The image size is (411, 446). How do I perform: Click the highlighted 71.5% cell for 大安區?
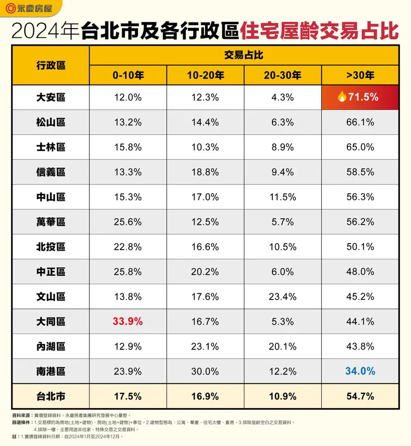359,97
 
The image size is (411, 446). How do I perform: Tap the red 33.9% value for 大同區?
127,321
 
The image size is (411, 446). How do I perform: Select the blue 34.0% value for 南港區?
359,371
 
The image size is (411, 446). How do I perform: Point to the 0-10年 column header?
127,76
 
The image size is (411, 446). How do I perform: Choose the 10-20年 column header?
206,76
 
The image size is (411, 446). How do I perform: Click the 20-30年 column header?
282,76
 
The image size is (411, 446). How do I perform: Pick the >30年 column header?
359,76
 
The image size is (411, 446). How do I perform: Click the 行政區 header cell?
50,65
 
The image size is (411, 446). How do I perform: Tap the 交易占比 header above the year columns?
243,55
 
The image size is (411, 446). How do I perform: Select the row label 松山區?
50,122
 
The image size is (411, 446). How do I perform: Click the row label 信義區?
50,172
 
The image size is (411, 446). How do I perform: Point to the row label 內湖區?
50,347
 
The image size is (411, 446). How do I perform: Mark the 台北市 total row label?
50,396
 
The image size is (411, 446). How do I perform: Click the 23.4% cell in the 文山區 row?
282,297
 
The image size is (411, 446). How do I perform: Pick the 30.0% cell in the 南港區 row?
206,371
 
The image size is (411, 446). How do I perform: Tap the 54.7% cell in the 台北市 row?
359,396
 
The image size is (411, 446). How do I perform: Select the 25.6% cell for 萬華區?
127,222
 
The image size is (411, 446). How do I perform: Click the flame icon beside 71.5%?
341,97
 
